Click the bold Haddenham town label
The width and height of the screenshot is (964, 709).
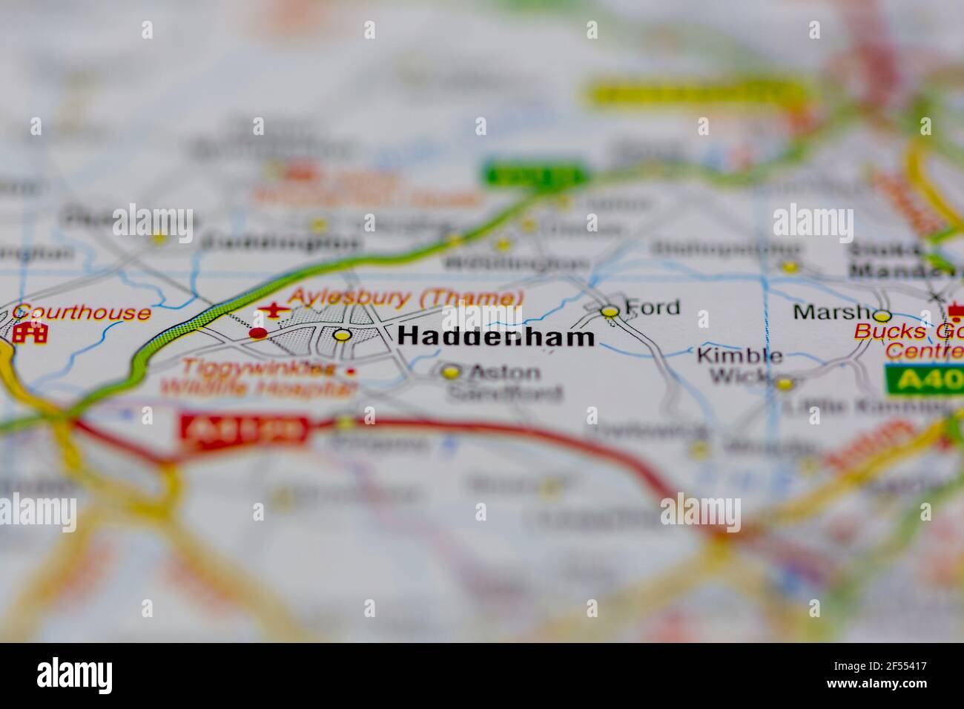[495, 337]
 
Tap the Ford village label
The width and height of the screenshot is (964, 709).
[652, 306]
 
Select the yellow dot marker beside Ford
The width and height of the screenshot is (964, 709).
[610, 312]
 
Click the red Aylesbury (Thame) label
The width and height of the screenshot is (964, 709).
[405, 297]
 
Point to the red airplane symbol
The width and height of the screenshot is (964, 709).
[272, 310]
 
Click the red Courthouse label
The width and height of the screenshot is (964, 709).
[82, 312]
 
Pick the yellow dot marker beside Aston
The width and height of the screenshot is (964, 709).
[451, 372]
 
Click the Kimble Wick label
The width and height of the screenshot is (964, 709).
[739, 366]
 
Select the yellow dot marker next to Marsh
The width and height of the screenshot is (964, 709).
[882, 315]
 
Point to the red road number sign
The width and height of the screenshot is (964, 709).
[244, 429]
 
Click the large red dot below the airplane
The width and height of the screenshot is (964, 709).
[257, 333]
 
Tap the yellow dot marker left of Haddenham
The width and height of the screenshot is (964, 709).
[342, 334]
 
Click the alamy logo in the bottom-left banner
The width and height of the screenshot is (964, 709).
[75, 676]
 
